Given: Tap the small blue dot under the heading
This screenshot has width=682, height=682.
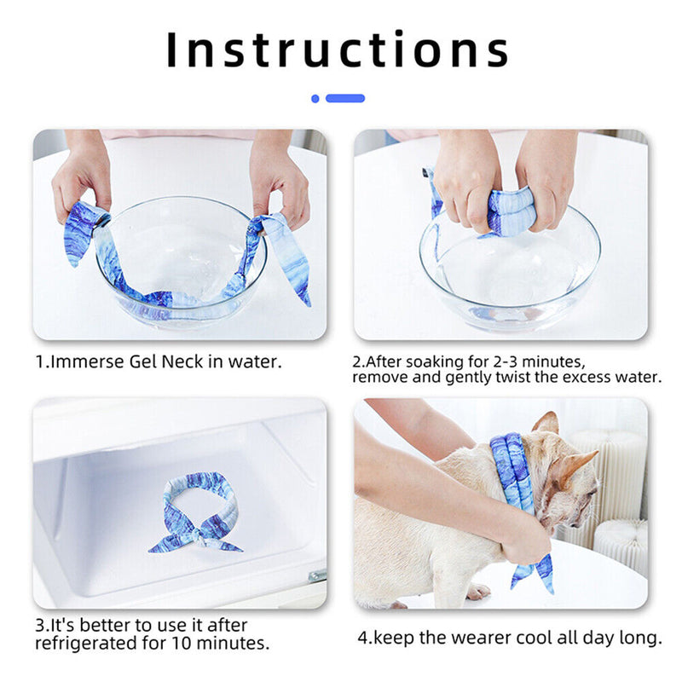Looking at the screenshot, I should pos(315,98).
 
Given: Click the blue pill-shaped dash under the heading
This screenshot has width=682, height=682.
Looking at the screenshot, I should pos(345,98).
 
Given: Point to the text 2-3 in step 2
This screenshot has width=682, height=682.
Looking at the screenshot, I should pos(505,361).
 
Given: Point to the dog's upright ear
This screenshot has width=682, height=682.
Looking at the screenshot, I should pos(546,424).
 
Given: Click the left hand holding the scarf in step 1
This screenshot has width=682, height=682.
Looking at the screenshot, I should pos(81,179).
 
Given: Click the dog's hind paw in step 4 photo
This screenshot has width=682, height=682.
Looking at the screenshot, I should pos(477,592).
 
